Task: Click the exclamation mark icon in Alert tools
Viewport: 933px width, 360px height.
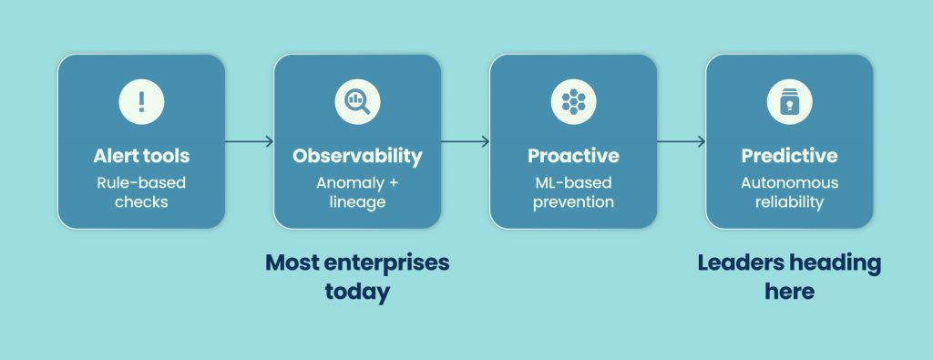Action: (x=141, y=102)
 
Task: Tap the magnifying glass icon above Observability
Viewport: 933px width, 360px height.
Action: (x=357, y=102)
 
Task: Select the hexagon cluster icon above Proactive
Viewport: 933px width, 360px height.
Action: (x=573, y=102)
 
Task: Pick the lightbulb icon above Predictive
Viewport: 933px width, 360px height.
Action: (x=789, y=102)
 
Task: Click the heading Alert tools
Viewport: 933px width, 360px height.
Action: (x=141, y=156)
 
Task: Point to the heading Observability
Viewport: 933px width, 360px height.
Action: (x=357, y=156)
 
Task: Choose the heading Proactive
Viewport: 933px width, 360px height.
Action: (x=573, y=156)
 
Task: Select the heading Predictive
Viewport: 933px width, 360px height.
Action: (x=789, y=156)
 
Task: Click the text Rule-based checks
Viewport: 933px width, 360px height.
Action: (x=141, y=191)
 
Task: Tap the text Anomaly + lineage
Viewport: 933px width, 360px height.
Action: (x=357, y=191)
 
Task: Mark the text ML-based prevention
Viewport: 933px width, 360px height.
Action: (x=573, y=191)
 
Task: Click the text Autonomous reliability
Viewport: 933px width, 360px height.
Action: (x=789, y=191)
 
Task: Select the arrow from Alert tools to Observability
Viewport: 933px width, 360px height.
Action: (x=249, y=141)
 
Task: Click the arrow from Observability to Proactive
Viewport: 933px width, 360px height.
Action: (x=465, y=141)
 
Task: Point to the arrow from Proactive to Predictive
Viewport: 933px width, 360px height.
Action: (x=681, y=141)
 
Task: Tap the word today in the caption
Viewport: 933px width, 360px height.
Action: (x=357, y=293)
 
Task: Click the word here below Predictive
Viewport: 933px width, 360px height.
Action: (x=789, y=293)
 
